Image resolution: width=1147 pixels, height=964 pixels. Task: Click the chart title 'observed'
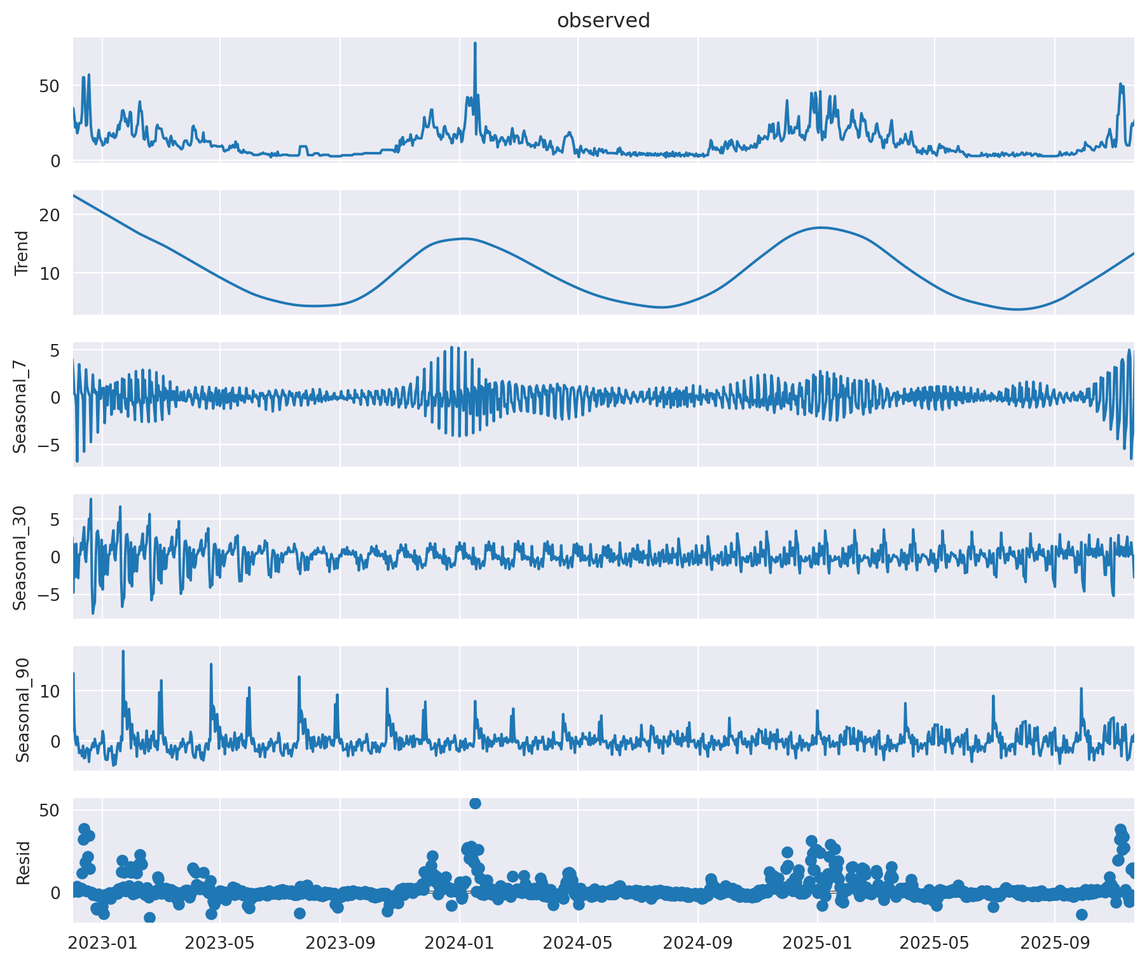603,21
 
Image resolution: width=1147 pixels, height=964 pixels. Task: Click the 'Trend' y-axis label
22,252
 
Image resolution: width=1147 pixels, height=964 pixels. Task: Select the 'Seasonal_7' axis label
21,404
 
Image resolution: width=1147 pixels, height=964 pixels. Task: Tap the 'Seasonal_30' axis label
21,556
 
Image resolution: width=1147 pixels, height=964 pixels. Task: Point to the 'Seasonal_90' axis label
22,708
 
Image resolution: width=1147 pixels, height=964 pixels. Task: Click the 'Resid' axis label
23,863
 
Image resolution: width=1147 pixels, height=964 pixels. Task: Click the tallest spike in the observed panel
475,44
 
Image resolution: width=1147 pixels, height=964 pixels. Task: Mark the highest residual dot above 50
475,803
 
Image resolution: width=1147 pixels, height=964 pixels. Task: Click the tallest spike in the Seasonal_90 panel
123,651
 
